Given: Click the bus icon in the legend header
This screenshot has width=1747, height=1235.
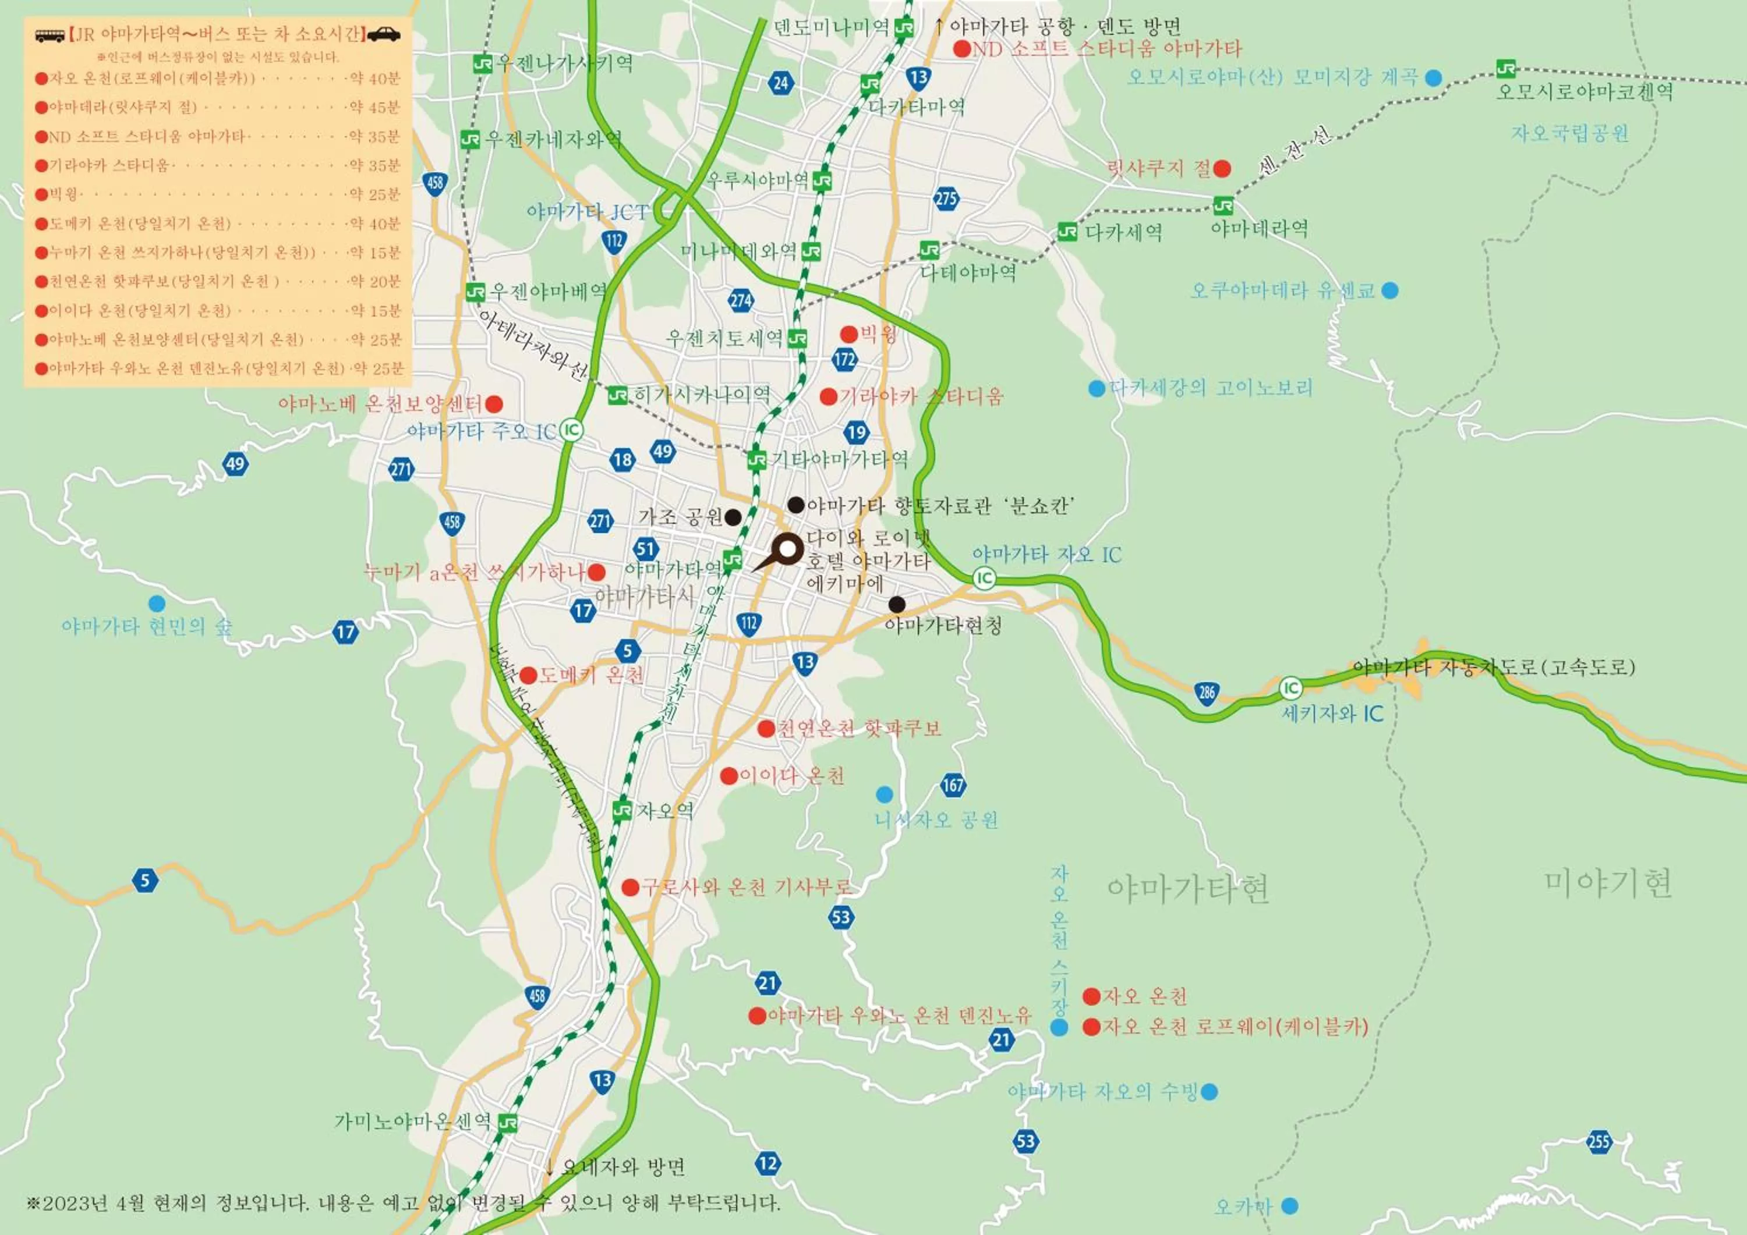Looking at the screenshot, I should coord(50,35).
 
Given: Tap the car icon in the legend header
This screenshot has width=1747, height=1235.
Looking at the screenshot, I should coord(385,34).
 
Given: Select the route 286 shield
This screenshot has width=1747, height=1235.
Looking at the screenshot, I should coord(1207,693).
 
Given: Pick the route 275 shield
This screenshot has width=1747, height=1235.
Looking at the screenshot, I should coord(946,199).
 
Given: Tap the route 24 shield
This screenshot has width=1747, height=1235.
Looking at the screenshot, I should coord(781,83).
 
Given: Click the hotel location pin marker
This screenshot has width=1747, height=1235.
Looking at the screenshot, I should coord(787,549).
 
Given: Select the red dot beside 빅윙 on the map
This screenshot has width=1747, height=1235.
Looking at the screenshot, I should coord(849,334).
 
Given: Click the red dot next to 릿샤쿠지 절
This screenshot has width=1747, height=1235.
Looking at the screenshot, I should coord(1222,168).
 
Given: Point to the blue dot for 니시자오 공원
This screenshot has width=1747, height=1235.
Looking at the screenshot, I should coord(884,794).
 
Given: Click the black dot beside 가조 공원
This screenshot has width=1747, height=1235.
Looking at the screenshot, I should coord(733,517).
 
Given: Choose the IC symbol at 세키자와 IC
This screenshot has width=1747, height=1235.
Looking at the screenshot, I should coord(1290,689).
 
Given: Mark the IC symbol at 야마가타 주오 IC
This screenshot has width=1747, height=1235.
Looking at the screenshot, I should coord(571,431).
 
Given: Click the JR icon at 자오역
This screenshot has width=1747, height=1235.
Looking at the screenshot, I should coord(623,810).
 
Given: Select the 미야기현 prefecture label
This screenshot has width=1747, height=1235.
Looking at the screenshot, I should coord(1608,883).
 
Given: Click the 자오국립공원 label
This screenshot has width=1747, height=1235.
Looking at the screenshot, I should coord(1570,134).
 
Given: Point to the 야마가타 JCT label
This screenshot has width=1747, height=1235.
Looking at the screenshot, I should coord(588,212).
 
